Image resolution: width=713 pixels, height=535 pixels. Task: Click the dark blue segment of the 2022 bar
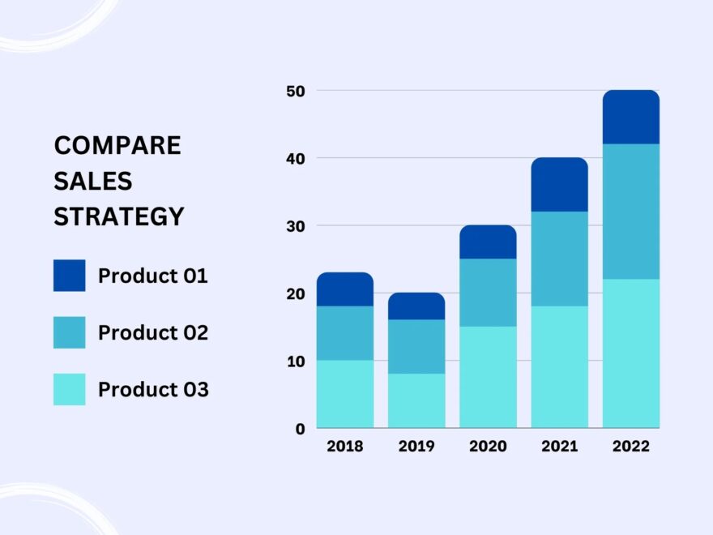630,118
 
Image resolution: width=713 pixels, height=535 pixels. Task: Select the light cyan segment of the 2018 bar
344,394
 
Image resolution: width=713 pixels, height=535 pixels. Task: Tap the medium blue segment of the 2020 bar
488,293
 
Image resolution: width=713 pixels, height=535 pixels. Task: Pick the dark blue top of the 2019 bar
416,306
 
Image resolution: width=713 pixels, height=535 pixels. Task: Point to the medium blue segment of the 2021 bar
559,259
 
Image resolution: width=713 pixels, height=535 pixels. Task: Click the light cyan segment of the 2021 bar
559,366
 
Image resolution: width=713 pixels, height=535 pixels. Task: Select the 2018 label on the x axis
344,446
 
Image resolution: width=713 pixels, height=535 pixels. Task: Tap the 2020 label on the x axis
488,446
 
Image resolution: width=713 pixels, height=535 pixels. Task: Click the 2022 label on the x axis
630,446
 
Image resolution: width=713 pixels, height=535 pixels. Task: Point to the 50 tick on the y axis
295,92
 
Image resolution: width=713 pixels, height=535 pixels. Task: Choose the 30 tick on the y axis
295,226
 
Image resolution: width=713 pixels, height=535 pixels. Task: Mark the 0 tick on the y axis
300,429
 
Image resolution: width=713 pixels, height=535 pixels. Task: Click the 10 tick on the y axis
295,362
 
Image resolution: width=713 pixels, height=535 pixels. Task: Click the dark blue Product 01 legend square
69,276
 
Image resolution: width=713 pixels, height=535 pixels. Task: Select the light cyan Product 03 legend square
69,389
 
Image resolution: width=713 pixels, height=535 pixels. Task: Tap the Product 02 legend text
153,332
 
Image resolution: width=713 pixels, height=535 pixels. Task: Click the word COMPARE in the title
117,146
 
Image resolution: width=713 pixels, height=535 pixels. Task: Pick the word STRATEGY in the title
119,217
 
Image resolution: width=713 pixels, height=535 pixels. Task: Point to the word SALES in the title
93,182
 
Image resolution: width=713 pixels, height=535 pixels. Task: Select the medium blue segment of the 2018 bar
344,333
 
